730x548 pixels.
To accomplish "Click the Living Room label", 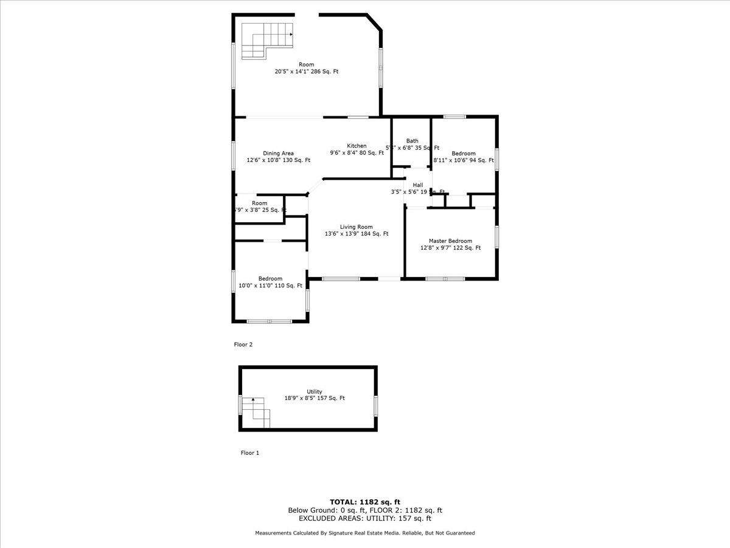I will coord(356,227).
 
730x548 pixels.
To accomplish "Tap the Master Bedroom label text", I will coord(450,241).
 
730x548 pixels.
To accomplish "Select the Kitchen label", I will coord(356,146).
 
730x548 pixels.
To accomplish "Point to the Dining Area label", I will coord(279,153).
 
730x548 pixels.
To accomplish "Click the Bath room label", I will coord(412,141).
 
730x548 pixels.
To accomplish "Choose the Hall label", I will coord(417,185).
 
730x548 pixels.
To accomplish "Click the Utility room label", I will coord(315,392).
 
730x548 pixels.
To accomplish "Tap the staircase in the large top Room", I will coord(266,40).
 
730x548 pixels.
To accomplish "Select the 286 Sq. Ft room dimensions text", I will coord(306,72).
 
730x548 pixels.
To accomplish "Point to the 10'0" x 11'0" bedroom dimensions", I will coord(270,286).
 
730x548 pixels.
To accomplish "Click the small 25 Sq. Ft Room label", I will coord(260,203).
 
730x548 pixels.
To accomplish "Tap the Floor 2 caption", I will coord(243,345).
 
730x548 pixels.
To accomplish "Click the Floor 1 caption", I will coord(249,453).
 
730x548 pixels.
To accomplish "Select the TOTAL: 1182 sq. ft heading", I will coord(365,502).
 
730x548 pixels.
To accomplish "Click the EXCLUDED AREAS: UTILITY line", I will coord(365,519).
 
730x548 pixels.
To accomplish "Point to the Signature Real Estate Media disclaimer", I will coord(365,533).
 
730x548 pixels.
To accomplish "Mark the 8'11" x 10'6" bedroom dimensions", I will coord(463,160).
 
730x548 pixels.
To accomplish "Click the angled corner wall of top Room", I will coord(374,22).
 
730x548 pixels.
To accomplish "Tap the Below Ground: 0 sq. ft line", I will coord(365,510).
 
